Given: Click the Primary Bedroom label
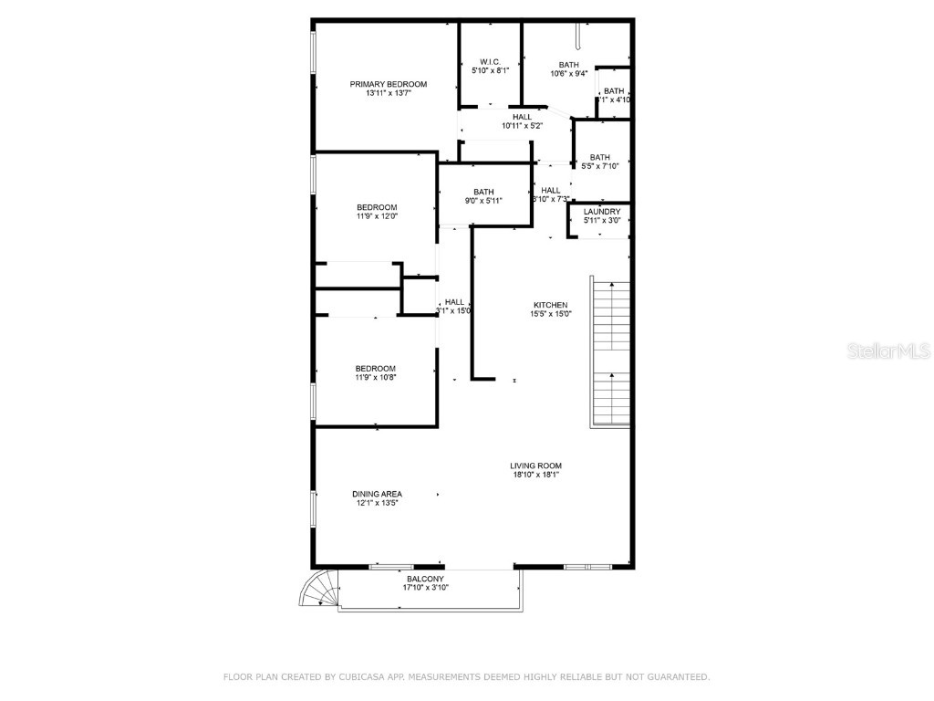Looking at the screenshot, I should (x=389, y=84).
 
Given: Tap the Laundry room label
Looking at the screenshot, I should (x=602, y=212).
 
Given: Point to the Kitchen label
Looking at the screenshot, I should (x=551, y=305).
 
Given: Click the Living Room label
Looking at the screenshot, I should (x=535, y=466).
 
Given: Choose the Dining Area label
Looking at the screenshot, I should (x=377, y=494).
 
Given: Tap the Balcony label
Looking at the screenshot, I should (x=425, y=579).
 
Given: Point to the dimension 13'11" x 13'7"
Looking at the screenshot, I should (x=389, y=93).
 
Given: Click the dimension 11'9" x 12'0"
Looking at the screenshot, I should (x=376, y=217).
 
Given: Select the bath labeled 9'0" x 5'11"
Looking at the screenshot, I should (x=483, y=196).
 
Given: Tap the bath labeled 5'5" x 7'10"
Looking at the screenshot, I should (x=600, y=162).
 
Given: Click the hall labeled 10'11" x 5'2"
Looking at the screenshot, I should (x=522, y=121).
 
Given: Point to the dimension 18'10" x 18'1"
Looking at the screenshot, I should (x=535, y=475).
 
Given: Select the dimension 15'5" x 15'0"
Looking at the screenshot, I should (x=551, y=314).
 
